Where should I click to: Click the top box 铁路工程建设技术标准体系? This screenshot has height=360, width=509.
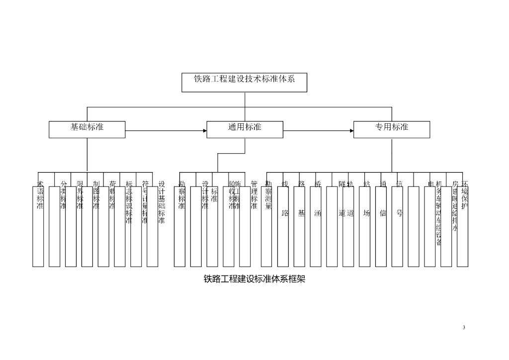[x=244, y=82]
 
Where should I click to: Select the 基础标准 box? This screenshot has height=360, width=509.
[x=87, y=129]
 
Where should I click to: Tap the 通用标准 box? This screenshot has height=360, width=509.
[x=245, y=129]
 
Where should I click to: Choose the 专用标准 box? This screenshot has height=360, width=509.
[x=391, y=129]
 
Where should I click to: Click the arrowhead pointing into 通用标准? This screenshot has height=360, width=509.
[x=204, y=131]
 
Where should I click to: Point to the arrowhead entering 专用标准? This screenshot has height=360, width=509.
[x=351, y=131]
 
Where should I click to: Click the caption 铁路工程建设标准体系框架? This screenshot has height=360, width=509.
[x=254, y=279]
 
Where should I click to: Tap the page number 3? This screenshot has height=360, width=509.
[x=464, y=327]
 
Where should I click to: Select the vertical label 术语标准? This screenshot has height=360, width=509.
[x=40, y=195]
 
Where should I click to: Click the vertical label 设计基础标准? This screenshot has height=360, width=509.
[x=162, y=202]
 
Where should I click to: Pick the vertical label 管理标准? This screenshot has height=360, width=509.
[x=254, y=195]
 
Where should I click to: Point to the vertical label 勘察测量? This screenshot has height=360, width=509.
[x=268, y=195]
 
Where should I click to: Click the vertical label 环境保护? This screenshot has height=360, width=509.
[x=465, y=195]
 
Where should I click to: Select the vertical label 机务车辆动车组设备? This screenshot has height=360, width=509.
[x=439, y=213]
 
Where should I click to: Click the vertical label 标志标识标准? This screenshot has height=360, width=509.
[x=129, y=202]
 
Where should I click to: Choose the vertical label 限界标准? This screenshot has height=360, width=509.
[x=80, y=195]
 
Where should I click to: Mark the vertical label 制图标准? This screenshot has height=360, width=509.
[x=96, y=195]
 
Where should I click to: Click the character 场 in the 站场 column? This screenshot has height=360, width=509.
[x=366, y=213]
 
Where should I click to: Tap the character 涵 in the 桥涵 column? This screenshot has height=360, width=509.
[x=318, y=213]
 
